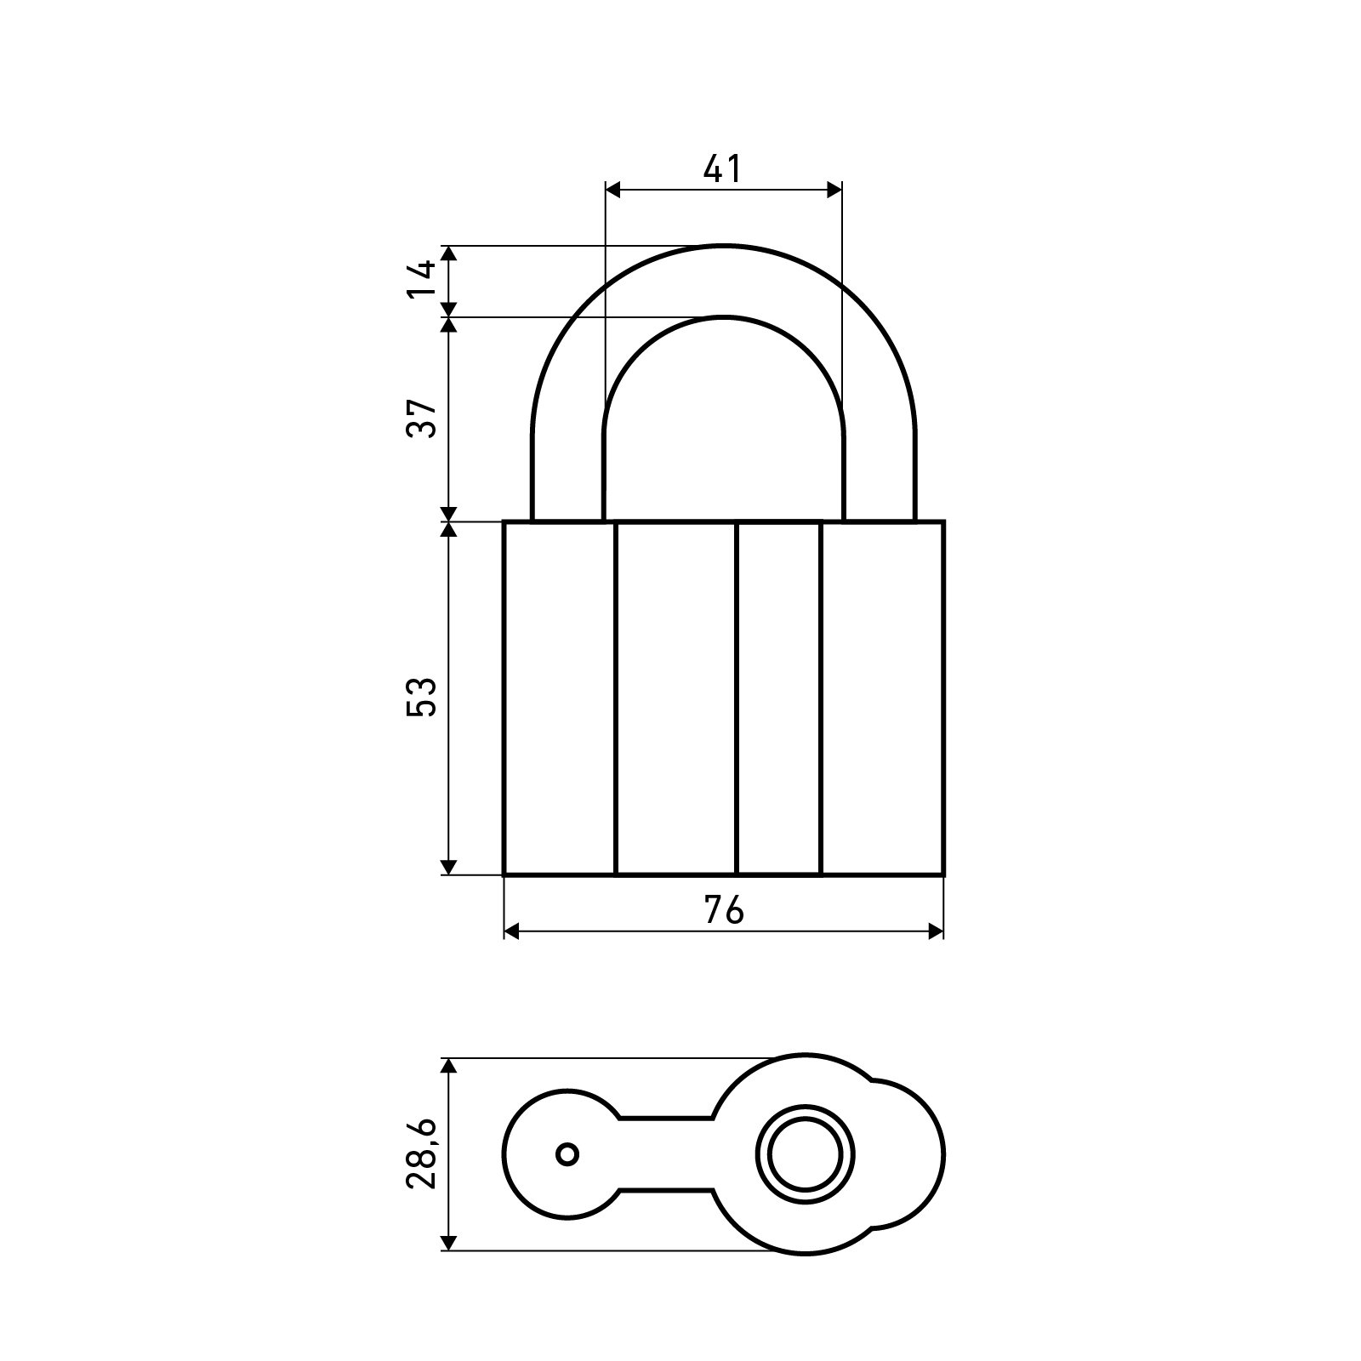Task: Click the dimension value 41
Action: (722, 169)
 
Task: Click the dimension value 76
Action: (724, 910)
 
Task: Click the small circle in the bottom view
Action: (567, 1154)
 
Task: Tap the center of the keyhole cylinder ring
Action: (806, 1154)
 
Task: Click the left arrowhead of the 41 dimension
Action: (612, 191)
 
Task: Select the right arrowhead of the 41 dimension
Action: (834, 191)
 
